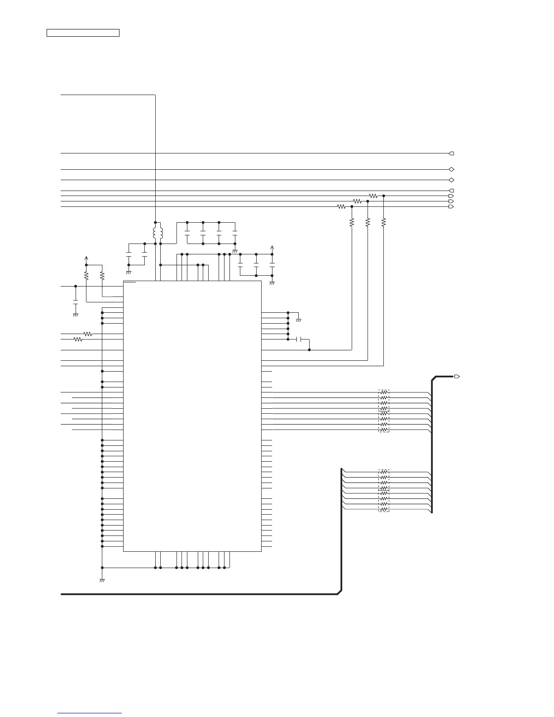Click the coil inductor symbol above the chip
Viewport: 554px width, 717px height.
tap(158, 233)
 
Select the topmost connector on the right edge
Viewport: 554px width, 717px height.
tap(451, 153)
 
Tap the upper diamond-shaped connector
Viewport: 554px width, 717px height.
tap(451, 169)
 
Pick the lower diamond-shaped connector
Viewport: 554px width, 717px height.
tap(451, 180)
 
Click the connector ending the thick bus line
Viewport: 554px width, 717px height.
tap(457, 377)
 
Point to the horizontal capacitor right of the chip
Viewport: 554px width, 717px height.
tap(299, 339)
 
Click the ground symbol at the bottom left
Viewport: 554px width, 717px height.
tap(102, 580)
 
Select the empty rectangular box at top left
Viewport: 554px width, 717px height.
tap(83, 33)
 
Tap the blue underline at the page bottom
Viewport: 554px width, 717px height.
tap(90, 713)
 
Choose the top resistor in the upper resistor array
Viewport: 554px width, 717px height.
tap(384, 392)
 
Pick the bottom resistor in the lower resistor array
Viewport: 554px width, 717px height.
tap(384, 509)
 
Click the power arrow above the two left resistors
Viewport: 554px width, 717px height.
tap(86, 258)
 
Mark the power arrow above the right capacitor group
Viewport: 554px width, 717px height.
tap(272, 248)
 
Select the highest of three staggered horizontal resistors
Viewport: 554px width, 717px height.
tap(373, 196)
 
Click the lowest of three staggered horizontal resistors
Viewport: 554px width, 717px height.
tap(342, 207)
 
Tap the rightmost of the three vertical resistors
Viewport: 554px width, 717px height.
tap(384, 222)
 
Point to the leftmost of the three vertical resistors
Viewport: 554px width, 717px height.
tap(352, 222)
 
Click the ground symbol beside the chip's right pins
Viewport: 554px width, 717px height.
tap(299, 320)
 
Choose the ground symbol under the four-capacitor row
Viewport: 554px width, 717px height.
tap(234, 251)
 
